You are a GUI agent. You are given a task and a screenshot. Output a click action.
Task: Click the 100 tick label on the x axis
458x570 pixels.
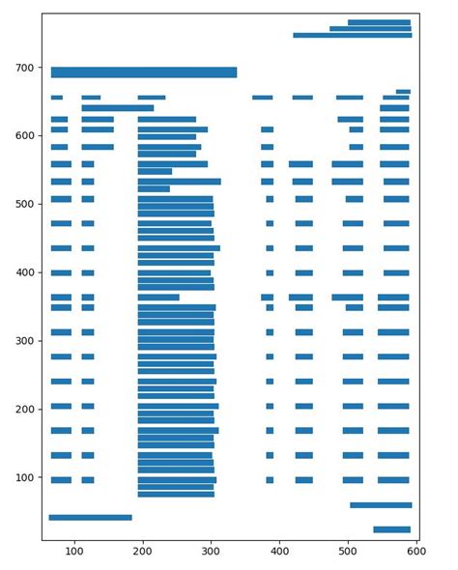click(74, 552)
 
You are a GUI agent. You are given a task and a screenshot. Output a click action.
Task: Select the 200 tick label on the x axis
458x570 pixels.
click(143, 552)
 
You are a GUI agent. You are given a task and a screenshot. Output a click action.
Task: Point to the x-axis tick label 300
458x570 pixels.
click(212, 552)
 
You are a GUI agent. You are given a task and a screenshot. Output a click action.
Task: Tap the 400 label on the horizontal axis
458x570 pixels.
click(280, 552)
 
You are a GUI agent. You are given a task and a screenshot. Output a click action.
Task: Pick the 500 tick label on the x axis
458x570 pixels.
click(348, 552)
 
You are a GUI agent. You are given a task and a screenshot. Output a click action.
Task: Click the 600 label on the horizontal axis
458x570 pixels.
click(416, 552)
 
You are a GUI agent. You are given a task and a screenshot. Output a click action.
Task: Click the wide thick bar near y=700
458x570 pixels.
click(144, 71)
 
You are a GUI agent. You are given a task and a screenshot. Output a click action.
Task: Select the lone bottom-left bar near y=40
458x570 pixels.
click(91, 518)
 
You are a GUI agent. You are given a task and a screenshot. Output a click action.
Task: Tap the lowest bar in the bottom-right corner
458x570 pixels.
click(392, 529)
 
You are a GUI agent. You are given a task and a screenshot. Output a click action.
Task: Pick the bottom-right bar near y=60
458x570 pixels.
click(381, 505)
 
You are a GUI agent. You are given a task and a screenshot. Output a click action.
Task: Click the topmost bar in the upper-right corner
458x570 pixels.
click(380, 22)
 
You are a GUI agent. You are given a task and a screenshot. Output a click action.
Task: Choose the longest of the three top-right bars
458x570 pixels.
click(353, 35)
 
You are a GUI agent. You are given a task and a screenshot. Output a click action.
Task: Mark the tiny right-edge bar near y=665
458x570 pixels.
click(404, 92)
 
